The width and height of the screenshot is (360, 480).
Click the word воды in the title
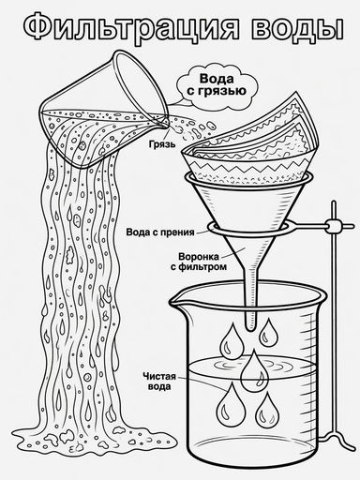pos(297,28)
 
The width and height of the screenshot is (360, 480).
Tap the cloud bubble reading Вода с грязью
pos(217,85)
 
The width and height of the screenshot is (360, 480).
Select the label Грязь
pos(162,144)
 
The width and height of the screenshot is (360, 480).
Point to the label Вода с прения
pos(160,232)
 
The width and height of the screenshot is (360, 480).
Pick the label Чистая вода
pos(159,381)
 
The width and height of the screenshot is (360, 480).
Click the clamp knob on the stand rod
pos(334,226)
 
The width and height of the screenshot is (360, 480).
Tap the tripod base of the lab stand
pos(335,432)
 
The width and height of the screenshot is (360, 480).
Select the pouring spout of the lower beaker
pos(175,301)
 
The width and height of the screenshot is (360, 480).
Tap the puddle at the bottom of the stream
pos(94,436)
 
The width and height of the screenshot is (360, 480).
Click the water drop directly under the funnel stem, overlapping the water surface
pos(255,370)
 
